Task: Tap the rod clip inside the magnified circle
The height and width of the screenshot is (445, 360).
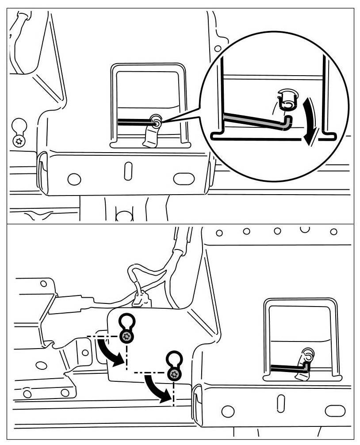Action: click(x=287, y=100)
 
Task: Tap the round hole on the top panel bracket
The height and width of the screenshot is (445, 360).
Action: click(x=74, y=180)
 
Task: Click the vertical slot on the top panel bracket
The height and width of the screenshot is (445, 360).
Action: click(x=128, y=172)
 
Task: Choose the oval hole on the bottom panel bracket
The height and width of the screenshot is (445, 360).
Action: click(x=334, y=411)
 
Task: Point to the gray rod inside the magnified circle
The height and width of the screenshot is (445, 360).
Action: click(x=252, y=119)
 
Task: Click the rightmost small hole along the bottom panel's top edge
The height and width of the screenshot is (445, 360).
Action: click(x=334, y=231)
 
